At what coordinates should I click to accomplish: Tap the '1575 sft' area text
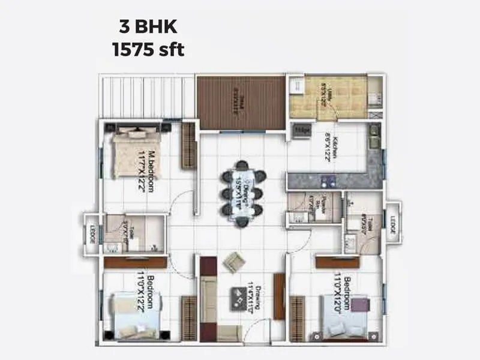point(148,49)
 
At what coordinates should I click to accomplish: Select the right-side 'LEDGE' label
point(392,221)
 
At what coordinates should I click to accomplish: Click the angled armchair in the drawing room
point(234,262)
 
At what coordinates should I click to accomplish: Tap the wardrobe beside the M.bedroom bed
point(190,146)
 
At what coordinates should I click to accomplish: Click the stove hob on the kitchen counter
point(327,180)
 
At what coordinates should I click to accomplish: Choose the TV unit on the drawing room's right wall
point(279,296)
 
